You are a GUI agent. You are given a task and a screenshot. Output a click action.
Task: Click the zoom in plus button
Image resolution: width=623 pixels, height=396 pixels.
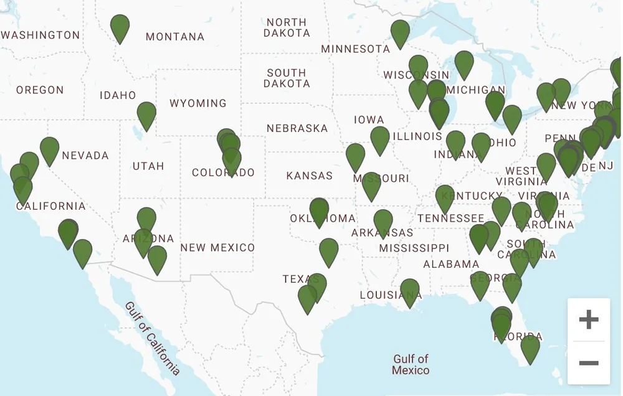(x=588, y=320)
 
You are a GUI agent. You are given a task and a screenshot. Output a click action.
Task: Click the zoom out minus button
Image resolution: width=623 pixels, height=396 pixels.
(x=588, y=363)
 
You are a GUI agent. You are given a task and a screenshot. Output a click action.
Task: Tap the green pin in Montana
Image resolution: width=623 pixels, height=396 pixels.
(x=120, y=27)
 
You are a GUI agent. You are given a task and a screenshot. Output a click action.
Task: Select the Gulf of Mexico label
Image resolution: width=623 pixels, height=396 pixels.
(x=411, y=364)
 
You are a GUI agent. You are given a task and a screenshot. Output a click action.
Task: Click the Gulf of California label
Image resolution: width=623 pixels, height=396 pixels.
(x=153, y=339)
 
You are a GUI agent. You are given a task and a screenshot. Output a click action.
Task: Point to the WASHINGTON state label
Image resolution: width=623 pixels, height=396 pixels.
(x=40, y=35)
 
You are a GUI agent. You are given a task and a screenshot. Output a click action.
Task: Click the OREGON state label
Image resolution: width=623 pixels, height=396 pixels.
(x=40, y=90)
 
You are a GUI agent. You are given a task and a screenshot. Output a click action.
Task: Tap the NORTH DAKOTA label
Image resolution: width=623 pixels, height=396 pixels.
(x=287, y=27)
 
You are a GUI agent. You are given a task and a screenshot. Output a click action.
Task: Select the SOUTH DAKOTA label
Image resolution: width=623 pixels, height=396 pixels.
(x=287, y=78)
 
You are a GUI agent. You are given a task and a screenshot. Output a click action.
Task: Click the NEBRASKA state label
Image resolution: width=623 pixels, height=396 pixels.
(x=297, y=128)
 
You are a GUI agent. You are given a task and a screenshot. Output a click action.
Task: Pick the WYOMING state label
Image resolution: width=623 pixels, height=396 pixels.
(x=198, y=103)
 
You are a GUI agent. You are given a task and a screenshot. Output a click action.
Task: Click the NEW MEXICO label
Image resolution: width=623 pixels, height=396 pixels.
(x=217, y=248)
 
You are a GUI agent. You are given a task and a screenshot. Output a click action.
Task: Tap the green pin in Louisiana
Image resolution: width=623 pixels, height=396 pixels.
(x=409, y=291)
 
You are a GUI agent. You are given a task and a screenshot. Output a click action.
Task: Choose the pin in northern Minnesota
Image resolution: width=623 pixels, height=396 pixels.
(x=400, y=32)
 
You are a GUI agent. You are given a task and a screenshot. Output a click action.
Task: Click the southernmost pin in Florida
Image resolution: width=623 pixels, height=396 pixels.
(x=530, y=347)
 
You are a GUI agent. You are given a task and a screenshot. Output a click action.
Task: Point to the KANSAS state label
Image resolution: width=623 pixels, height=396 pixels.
(x=310, y=176)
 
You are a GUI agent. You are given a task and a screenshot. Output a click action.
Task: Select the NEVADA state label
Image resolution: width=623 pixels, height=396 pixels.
(x=85, y=156)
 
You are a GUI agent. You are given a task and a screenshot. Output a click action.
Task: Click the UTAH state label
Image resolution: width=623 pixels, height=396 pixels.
(x=148, y=166)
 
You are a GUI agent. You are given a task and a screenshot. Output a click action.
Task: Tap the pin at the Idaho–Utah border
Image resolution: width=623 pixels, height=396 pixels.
(x=146, y=115)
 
